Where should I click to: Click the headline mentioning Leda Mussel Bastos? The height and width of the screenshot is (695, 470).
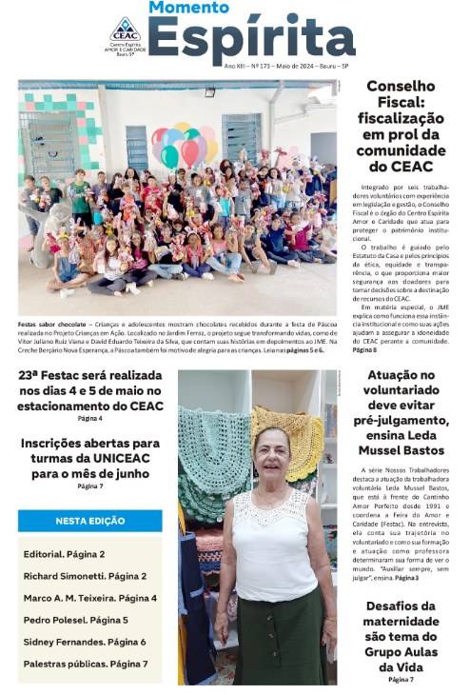tap(400, 412)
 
